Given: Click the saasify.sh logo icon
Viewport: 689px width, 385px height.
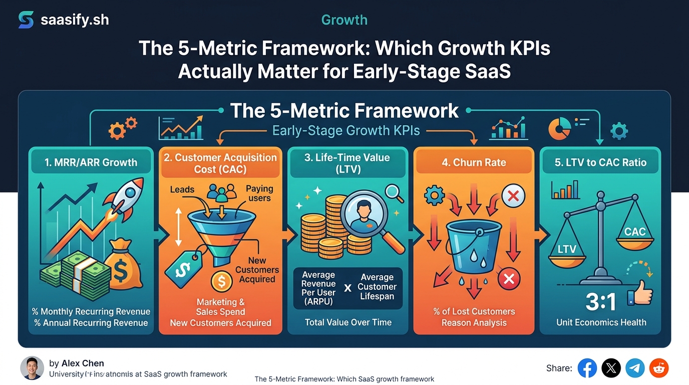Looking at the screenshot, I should pyautogui.click(x=26, y=20).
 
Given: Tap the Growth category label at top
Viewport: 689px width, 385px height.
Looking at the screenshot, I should pyautogui.click(x=344, y=20).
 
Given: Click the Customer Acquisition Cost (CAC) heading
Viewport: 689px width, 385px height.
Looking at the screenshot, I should pyautogui.click(x=220, y=163).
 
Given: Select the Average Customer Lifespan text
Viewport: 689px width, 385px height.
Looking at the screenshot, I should pyautogui.click(x=377, y=287).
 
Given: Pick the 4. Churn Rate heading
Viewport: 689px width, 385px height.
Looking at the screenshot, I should pyautogui.click(x=474, y=162).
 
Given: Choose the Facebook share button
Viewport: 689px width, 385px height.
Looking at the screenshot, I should pyautogui.click(x=587, y=368).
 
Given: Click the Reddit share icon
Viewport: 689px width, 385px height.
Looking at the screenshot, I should pyautogui.click(x=659, y=368).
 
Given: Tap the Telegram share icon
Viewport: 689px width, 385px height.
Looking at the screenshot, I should pyautogui.click(x=635, y=368).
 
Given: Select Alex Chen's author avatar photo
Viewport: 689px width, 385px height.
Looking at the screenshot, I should pyautogui.click(x=32, y=368).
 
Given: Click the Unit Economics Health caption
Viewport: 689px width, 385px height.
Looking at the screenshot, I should pyautogui.click(x=601, y=322).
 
